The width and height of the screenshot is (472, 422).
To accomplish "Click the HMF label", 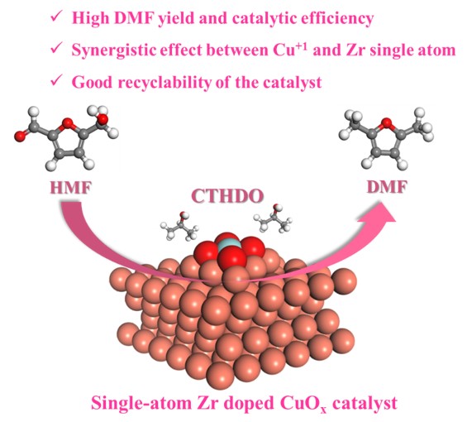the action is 70,189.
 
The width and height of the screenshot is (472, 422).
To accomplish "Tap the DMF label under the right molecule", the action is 387,187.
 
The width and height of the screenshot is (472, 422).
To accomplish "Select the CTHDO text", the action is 227,196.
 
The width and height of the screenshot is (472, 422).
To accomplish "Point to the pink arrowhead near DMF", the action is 380,213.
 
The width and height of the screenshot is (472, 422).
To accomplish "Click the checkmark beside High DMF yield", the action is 56,17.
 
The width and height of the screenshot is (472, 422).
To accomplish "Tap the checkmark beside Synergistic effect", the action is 56,48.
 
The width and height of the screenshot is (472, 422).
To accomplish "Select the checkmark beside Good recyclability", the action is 56,81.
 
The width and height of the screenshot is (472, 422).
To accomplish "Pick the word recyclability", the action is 164,82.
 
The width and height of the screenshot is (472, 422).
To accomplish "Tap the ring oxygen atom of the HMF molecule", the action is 68,122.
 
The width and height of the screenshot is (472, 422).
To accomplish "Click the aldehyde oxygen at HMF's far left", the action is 19,137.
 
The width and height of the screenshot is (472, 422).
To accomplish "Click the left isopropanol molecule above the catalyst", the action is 179,226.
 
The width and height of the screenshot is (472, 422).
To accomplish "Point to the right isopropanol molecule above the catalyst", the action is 274,218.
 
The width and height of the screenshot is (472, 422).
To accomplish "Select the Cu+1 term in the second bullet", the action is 290,49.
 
